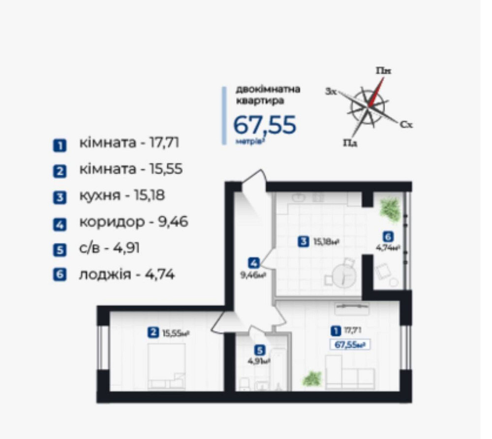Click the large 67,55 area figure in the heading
pyautogui.click(x=264, y=125)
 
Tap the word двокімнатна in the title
pyautogui.click(x=268, y=90)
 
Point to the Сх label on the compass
pyautogui.click(x=406, y=125)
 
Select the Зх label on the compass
pyautogui.click(x=331, y=92)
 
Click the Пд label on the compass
pyautogui.click(x=350, y=143)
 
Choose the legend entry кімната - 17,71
pyautogui.click(x=129, y=143)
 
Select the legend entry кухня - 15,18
pyautogui.click(x=122, y=195)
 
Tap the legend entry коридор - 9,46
pyautogui.click(x=133, y=222)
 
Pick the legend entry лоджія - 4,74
pyautogui.click(x=126, y=274)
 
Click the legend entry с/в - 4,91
pyautogui.click(x=109, y=248)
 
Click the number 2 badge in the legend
pyautogui.click(x=59, y=171)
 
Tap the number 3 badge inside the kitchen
pyautogui.click(x=304, y=241)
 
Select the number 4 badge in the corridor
pyautogui.click(x=253, y=262)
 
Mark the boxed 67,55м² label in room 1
pyautogui.click(x=349, y=345)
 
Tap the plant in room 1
pyautogui.click(x=312, y=378)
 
